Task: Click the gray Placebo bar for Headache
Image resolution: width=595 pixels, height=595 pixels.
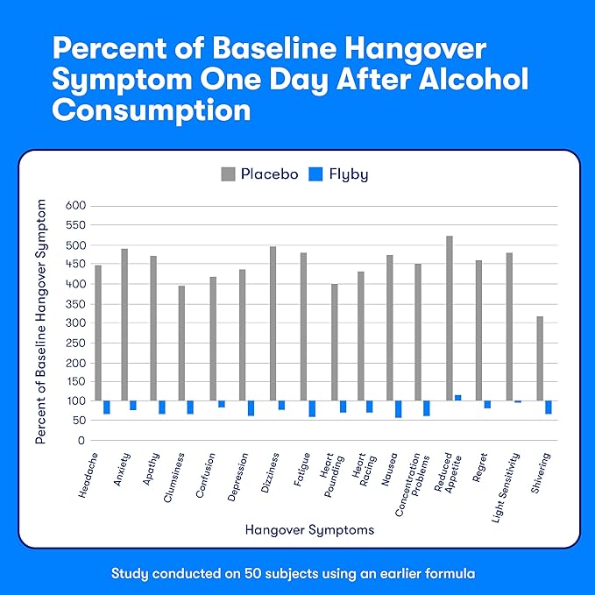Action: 98,333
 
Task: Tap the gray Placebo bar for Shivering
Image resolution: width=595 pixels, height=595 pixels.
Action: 540,358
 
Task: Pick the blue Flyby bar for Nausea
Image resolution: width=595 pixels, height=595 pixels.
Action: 399,409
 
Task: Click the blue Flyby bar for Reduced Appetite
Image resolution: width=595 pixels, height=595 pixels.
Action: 458,398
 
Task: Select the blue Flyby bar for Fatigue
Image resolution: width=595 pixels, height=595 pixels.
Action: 312,408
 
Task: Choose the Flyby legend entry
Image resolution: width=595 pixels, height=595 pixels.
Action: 338,174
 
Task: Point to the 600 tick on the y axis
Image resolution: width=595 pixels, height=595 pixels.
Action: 76,206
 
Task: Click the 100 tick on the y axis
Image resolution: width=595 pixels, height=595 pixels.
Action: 76,401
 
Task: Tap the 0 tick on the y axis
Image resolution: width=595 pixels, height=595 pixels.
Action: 81,440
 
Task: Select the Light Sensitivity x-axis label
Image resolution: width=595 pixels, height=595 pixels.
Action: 507,484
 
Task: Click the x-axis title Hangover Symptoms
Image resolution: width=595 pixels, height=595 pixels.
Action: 309,530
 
